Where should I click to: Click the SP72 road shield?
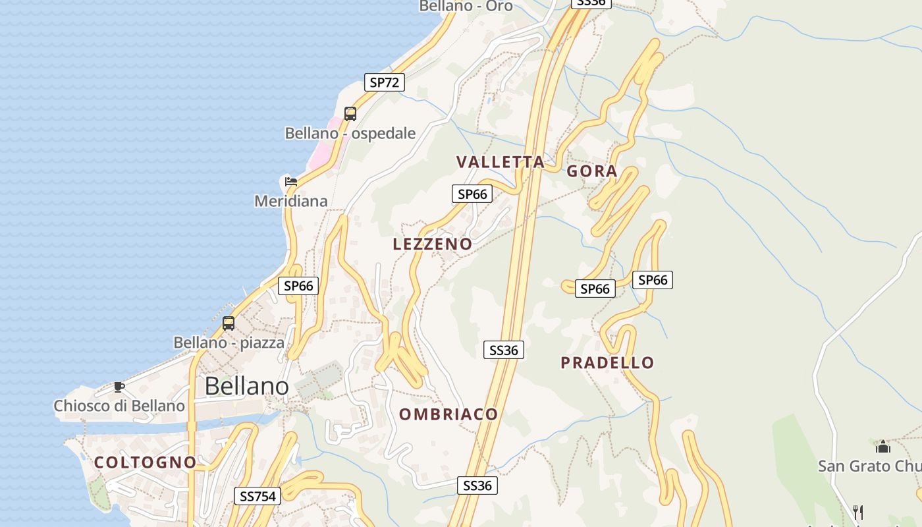(x=385, y=82)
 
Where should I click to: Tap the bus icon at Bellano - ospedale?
(x=350, y=114)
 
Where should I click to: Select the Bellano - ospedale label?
(x=350, y=133)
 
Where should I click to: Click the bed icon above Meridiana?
(x=290, y=181)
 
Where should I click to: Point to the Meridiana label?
(x=291, y=201)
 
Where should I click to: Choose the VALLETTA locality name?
(x=501, y=162)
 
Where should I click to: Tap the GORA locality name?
(x=592, y=171)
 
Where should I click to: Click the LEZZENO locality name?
(x=433, y=244)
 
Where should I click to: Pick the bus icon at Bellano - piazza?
(x=229, y=323)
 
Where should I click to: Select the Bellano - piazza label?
(x=229, y=343)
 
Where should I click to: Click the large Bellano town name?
(x=247, y=386)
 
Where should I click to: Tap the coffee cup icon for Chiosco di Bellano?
(x=119, y=387)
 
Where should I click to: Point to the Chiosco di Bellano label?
(x=119, y=406)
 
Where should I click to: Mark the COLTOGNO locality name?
(x=146, y=462)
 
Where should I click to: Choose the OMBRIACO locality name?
(x=448, y=414)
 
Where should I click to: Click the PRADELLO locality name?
(x=607, y=362)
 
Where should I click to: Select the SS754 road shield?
(x=258, y=496)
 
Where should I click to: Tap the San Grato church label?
(x=869, y=466)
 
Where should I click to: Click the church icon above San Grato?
(x=882, y=447)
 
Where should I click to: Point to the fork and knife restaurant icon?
(x=858, y=512)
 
